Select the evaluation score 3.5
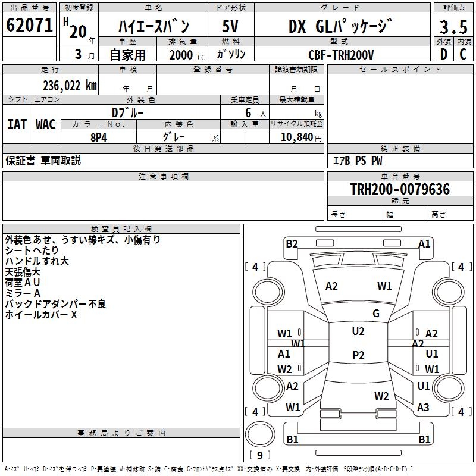pyautogui.click(x=453, y=27)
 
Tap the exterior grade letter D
pyautogui.click(x=443, y=54)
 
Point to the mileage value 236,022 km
pyautogui.click(x=69, y=85)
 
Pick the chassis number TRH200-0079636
pyautogui.click(x=400, y=189)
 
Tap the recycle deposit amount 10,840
pyautogui.click(x=296, y=137)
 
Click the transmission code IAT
pyautogui.click(x=17, y=124)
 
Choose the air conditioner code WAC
pyautogui.click(x=46, y=124)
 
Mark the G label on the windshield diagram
pyautogui.click(x=376, y=314)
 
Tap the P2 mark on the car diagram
pyautogui.click(x=358, y=355)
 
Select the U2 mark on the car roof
pyautogui.click(x=358, y=331)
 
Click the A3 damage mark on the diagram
pyautogui.click(x=423, y=407)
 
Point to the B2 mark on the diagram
pyautogui.click(x=292, y=243)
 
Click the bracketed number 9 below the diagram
pyautogui.click(x=259, y=456)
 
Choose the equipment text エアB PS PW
pyautogui.click(x=357, y=161)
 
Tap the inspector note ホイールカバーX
pyautogui.click(x=41, y=315)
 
